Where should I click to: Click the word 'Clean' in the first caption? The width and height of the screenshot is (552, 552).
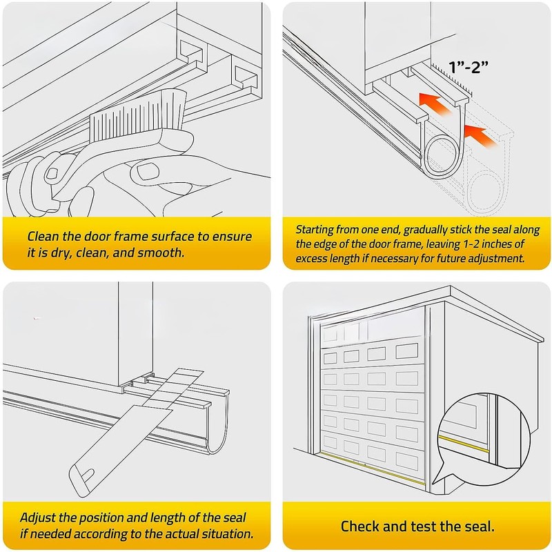46,236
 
